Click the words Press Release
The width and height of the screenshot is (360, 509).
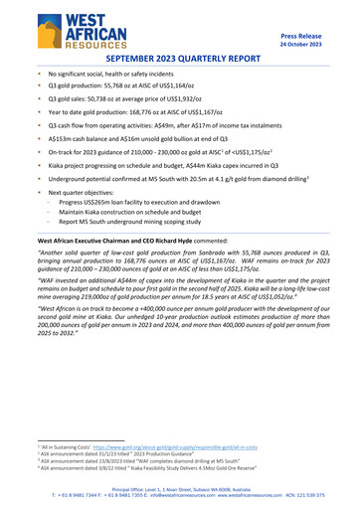[309, 35]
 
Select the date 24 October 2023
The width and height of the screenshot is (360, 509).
[309, 44]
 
